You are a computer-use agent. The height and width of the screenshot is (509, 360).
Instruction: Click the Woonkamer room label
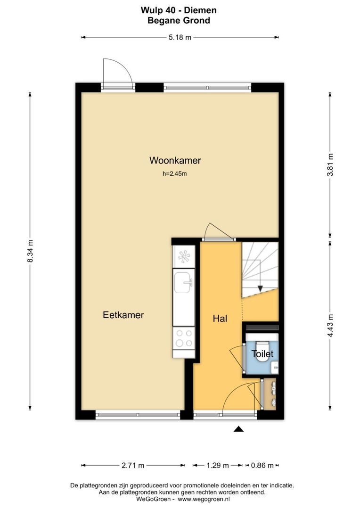175,160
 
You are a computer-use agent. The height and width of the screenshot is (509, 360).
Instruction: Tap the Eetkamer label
123,315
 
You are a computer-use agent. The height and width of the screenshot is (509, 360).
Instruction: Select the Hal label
220,319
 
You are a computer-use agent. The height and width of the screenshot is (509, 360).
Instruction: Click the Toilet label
262,353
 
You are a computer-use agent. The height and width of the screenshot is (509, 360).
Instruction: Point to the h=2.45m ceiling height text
175,174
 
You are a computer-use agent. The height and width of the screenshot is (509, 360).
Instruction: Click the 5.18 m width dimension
180,38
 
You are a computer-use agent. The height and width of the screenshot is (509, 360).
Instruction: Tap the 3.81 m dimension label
330,164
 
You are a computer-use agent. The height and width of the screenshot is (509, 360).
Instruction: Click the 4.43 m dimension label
330,325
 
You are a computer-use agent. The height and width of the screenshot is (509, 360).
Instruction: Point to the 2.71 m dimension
133,466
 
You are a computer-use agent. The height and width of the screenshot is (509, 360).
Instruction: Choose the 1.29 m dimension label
217,466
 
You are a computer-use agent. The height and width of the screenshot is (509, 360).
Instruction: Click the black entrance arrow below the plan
239,429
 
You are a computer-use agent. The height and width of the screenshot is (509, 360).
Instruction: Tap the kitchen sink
183,283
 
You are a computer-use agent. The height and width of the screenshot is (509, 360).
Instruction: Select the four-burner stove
183,337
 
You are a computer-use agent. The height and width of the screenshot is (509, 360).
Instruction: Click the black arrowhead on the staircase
259,288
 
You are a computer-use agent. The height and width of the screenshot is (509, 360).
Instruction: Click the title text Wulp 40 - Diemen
179,10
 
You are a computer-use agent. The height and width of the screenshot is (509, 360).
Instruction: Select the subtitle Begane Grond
179,20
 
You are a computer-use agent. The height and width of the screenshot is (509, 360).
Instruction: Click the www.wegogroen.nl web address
204,499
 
